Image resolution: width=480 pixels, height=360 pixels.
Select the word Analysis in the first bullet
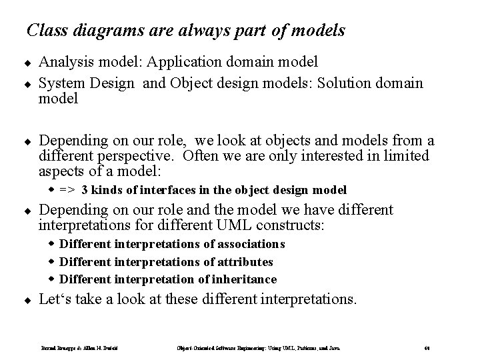tap(65, 62)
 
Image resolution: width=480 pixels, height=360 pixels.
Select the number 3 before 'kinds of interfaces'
tap(84, 189)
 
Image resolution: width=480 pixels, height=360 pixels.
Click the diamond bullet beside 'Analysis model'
tap(29, 63)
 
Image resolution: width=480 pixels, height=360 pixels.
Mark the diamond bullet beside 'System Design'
tap(29, 84)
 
